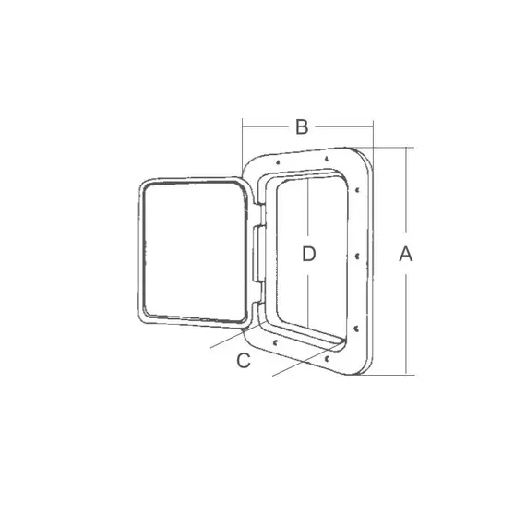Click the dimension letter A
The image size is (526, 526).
[x=405, y=254]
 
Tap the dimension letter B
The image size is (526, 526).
[x=302, y=126]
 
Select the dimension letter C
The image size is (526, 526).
[x=244, y=361]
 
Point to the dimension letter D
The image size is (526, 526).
[x=308, y=254]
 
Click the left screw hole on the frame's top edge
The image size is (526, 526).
[x=278, y=162]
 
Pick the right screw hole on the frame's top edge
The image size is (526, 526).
[x=326, y=159]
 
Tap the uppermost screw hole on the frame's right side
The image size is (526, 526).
[x=357, y=190]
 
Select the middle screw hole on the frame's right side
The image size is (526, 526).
[x=357, y=257]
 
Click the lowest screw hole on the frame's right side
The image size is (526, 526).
[x=356, y=329]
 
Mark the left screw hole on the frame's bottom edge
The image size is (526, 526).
[x=275, y=342]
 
